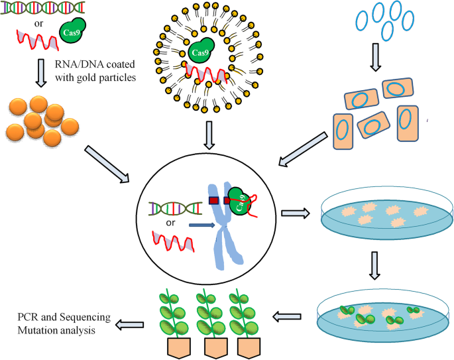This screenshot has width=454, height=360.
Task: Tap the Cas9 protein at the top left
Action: coord(72,31)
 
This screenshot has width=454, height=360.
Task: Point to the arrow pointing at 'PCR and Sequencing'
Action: coord(129,325)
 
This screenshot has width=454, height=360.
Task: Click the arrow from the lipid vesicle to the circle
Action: coord(209,135)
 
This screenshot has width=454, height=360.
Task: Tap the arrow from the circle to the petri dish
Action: coord(296,213)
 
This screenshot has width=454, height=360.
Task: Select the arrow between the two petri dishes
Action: coord(374,265)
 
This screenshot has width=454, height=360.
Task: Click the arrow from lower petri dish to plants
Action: coord(286,316)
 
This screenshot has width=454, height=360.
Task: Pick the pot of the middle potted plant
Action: coord(215,348)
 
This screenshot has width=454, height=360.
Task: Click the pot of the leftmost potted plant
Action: coord(179,348)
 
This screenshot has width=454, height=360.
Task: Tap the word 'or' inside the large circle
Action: coord(170,223)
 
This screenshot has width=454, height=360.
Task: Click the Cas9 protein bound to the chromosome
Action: coord(239,202)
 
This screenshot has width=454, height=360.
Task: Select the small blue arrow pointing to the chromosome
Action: coord(201,225)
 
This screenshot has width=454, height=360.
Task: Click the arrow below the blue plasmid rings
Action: coord(375,57)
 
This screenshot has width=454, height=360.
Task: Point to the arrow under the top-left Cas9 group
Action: coord(41,74)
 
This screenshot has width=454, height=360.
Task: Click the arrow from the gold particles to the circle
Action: coord(107,164)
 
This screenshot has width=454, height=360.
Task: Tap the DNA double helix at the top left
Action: coord(42,7)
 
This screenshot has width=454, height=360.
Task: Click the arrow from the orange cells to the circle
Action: coord(303,149)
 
